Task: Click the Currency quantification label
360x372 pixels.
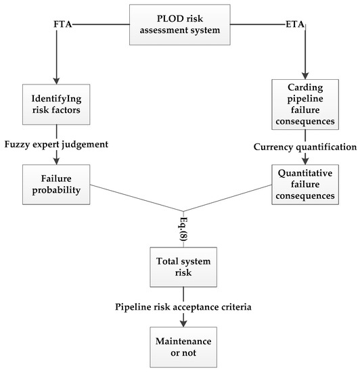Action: pos(305,147)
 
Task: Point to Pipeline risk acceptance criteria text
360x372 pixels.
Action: pos(183,308)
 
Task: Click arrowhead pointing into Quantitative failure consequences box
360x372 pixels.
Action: pos(305,162)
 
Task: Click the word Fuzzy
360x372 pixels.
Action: pos(18,144)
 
